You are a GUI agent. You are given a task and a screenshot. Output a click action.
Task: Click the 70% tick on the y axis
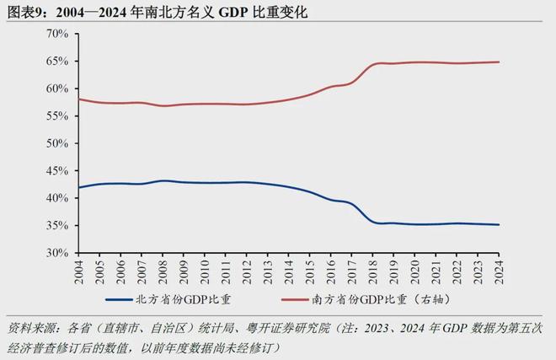tap(56, 34)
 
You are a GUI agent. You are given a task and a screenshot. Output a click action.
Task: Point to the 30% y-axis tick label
tap(56, 253)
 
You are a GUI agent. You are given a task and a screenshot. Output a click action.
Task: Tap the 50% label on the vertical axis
tap(56, 143)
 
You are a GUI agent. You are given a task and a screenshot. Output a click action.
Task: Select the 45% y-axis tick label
tap(56, 171)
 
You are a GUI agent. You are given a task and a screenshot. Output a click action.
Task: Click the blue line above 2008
tap(162, 180)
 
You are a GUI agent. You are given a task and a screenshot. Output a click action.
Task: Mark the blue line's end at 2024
tap(498, 225)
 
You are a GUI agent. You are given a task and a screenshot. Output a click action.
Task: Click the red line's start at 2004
tap(78, 99)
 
